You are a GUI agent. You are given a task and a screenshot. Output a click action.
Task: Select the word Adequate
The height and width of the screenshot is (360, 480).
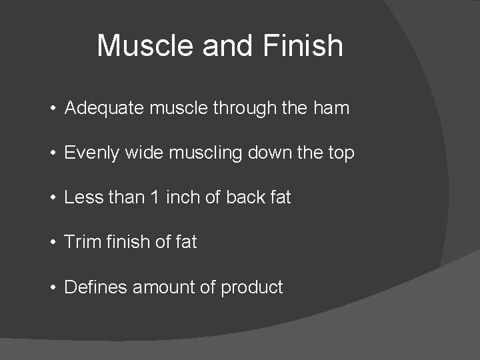tap(103, 109)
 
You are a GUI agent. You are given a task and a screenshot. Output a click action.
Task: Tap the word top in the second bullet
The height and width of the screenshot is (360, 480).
tap(340, 153)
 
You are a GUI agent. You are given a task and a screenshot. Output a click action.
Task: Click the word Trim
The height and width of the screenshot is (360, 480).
tap(81, 242)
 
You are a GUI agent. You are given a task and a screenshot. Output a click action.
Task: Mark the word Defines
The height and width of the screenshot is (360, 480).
tap(95, 287)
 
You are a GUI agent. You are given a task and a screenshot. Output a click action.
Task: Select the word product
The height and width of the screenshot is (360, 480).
tap(252, 288)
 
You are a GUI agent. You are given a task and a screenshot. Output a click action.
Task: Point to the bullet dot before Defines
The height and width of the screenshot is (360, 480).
tap(52, 288)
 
